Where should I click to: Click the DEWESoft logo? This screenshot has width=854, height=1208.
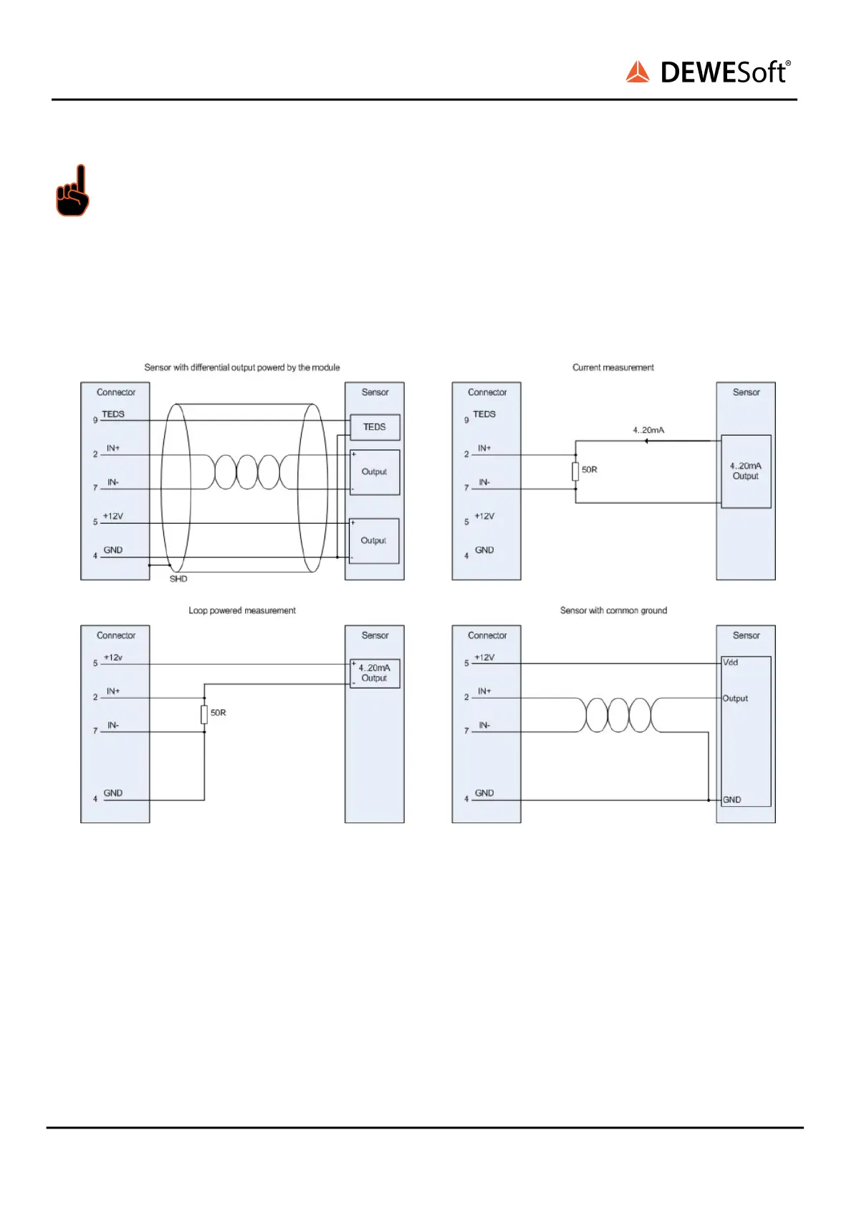708,72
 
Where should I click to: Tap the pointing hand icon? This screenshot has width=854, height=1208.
73,191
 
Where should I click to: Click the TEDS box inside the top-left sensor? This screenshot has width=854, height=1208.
375,427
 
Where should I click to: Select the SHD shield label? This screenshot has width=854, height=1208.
178,579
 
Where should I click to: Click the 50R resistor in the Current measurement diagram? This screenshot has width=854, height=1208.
575,471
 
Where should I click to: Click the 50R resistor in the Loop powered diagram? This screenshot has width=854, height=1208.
204,714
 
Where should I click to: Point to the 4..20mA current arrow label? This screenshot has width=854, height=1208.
648,430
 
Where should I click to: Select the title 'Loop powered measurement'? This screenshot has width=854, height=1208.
242,610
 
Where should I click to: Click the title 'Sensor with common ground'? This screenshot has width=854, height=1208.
613,610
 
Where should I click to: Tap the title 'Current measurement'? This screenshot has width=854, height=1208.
613,368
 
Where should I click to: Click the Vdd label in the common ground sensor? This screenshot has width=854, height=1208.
731,663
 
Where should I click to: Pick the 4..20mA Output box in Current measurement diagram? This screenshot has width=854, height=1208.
746,471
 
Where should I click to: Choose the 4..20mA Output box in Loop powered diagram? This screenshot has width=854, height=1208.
375,673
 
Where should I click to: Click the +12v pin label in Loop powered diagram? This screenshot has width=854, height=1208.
113,658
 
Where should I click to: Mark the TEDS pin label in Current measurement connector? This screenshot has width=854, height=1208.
484,414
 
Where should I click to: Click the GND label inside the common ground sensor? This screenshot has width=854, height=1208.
732,800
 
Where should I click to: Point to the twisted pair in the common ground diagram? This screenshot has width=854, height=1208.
618,714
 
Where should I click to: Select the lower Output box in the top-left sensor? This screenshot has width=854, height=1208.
374,541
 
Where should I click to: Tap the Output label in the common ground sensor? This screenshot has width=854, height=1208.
735,699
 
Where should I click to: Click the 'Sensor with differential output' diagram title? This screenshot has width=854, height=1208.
242,368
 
